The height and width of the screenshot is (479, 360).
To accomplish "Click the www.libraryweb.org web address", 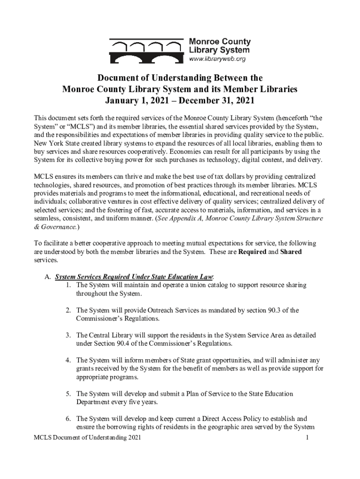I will point(217,59).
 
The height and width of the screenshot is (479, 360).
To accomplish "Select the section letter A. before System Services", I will point(48,277).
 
